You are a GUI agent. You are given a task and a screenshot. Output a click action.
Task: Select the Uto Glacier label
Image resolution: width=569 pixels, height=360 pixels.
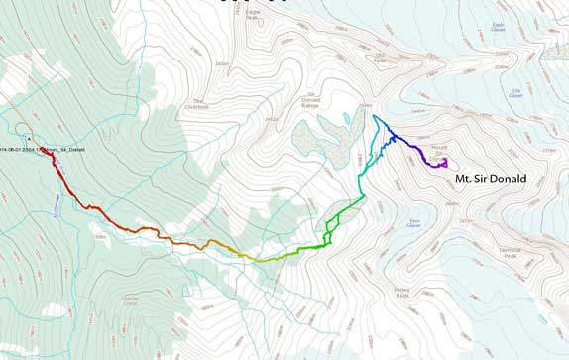[515, 93]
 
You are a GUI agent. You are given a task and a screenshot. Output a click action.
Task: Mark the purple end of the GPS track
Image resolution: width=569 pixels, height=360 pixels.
[445, 162]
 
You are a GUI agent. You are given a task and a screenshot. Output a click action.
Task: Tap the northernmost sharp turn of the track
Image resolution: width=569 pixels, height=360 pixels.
[375, 117]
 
